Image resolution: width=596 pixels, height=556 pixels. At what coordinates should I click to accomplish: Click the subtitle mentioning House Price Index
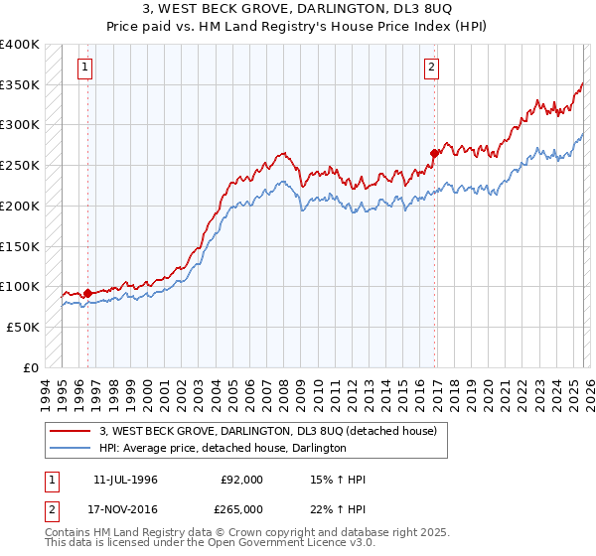pyautogui.click(x=297, y=27)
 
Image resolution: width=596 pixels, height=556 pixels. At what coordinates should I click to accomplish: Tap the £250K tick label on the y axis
pyautogui.click(x=19, y=165)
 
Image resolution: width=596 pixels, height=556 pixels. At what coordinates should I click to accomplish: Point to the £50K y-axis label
pyautogui.click(x=22, y=327)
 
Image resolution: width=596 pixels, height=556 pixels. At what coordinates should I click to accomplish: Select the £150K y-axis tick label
pyautogui.click(x=19, y=245)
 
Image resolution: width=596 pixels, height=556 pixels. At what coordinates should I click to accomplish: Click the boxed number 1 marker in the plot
pyautogui.click(x=86, y=68)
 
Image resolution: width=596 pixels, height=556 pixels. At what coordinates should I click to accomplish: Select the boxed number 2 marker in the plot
pyautogui.click(x=433, y=68)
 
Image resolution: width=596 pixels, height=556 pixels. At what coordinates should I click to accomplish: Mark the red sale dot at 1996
pyautogui.click(x=87, y=293)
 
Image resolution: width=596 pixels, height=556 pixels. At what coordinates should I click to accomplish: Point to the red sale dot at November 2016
pyautogui.click(x=434, y=153)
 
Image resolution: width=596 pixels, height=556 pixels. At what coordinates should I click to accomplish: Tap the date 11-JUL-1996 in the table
pyautogui.click(x=126, y=480)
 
